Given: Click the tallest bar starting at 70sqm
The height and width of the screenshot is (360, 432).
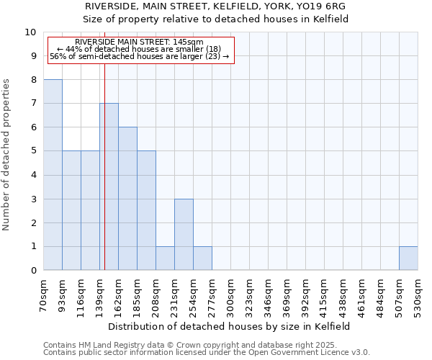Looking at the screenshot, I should pyautogui.click(x=53, y=175).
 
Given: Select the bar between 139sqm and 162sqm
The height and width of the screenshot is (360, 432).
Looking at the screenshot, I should pyautogui.click(x=109, y=187).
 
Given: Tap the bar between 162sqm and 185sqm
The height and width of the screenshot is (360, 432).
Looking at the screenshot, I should pyautogui.click(x=127, y=199).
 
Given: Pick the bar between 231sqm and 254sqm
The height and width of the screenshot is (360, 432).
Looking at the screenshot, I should pyautogui.click(x=184, y=235).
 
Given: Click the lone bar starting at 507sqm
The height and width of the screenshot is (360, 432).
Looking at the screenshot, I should pyautogui.click(x=408, y=258).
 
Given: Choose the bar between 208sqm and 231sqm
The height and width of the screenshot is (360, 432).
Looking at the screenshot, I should pyautogui.click(x=165, y=258).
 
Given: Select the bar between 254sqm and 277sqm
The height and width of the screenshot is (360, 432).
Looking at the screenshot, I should pyautogui.click(x=202, y=258).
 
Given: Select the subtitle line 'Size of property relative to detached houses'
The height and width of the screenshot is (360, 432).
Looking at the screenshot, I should pyautogui.click(x=215, y=19).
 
